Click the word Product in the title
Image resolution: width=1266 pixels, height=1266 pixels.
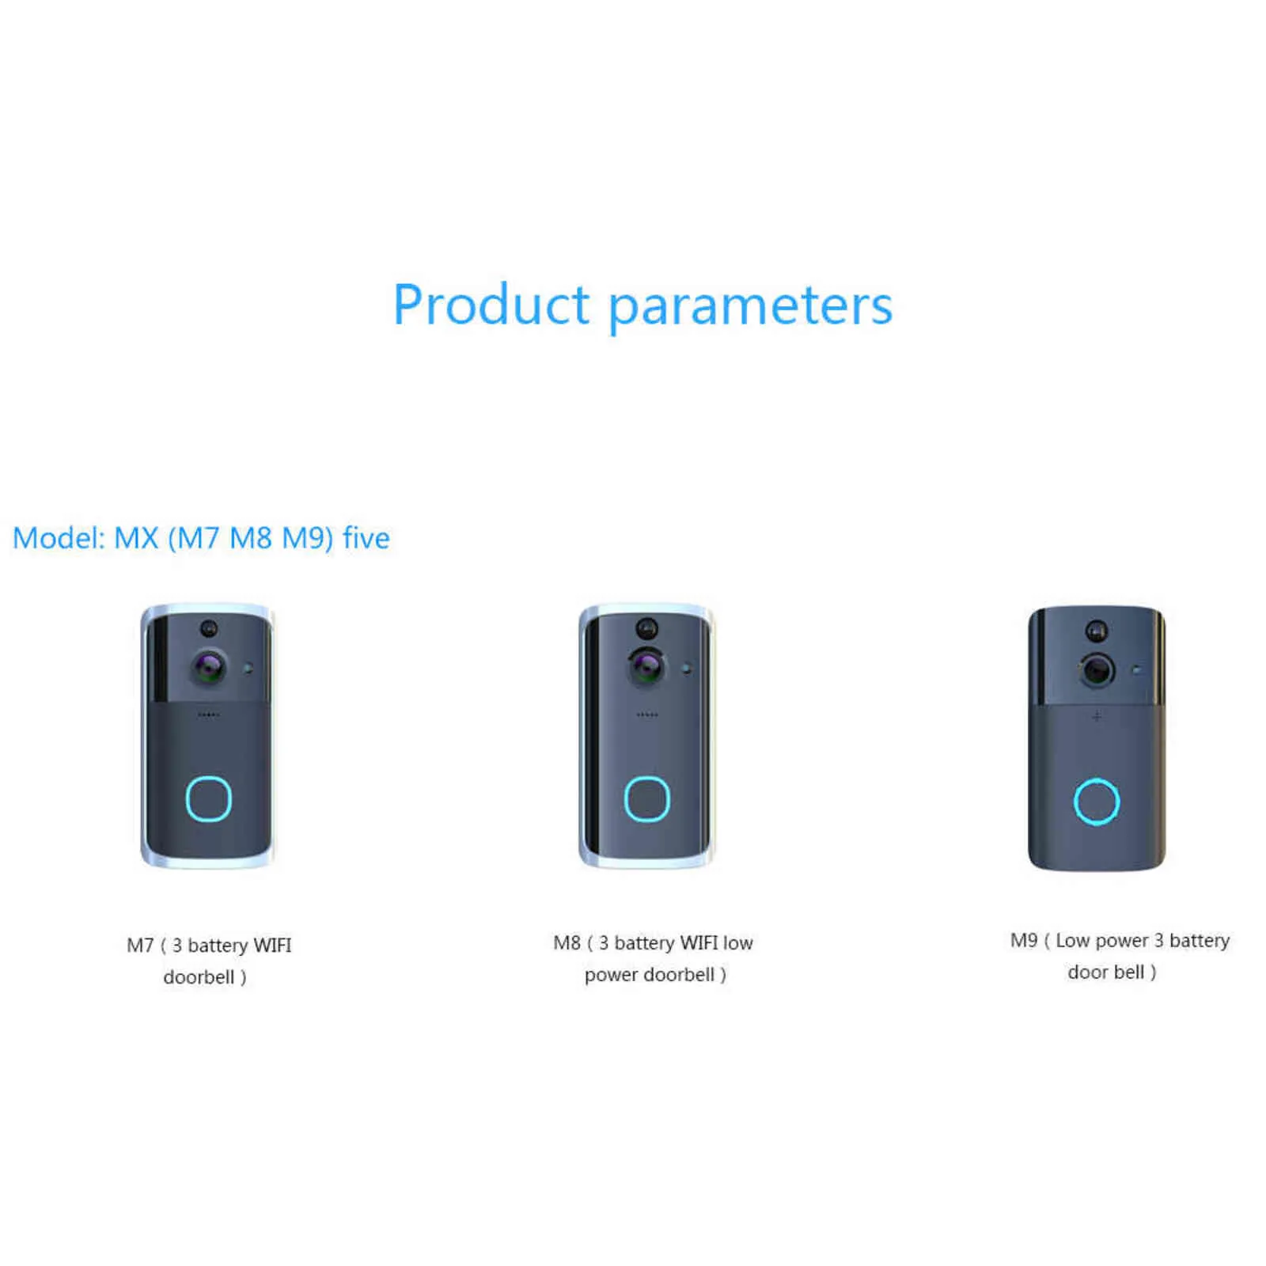[x=491, y=305]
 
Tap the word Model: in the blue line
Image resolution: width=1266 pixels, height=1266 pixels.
[x=59, y=538]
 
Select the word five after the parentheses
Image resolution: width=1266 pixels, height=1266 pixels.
[x=366, y=538]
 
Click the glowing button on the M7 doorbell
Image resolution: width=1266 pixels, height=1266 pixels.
[x=209, y=798]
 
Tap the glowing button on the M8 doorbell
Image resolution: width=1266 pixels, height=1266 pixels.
[x=647, y=798]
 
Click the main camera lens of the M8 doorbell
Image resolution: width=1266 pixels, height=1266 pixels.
[x=647, y=667]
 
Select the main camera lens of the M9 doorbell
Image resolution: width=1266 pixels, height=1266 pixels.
[x=1097, y=670]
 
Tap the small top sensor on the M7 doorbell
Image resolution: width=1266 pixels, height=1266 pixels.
[x=209, y=628]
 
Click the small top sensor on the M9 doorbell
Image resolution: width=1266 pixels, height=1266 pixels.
[x=1096, y=631]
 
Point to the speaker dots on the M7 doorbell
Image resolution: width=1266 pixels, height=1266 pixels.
[x=209, y=714]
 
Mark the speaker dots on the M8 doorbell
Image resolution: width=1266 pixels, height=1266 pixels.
[x=647, y=714]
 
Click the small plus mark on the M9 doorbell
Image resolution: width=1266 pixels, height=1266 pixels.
[x=1097, y=717]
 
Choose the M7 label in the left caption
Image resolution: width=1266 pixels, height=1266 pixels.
[x=140, y=946]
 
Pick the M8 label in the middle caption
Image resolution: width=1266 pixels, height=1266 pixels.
[x=567, y=942]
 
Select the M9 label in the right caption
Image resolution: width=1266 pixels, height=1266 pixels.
[x=1023, y=940]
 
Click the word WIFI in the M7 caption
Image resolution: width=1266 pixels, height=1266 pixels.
[x=272, y=946]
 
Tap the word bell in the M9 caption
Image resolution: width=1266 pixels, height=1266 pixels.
[x=1128, y=972]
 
